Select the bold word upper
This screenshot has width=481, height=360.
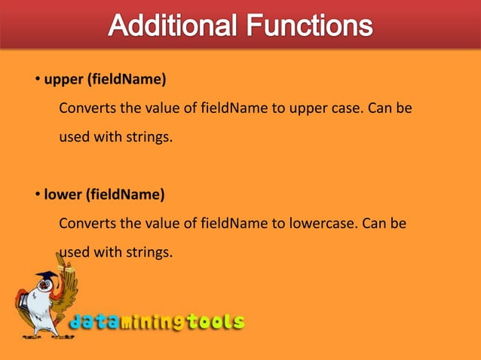[x=63, y=80]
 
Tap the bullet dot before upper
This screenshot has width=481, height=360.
[x=36, y=81]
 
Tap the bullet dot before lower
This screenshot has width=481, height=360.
[x=36, y=195]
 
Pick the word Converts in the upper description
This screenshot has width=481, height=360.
[x=86, y=108]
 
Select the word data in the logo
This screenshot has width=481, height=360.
[x=93, y=322]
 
